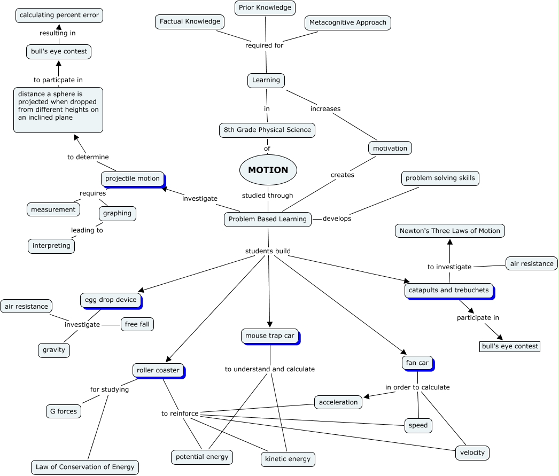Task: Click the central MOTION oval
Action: coord(268,170)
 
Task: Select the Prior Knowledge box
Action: coord(265,8)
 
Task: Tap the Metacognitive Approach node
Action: coord(347,23)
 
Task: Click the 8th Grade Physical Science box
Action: coord(267,130)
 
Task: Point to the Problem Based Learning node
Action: coord(267,219)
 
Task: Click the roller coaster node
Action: coord(158,371)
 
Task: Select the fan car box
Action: coord(417,363)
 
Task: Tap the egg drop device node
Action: coord(111,300)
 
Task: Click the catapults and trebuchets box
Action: coord(449,291)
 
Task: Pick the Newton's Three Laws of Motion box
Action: coord(449,231)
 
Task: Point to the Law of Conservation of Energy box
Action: coord(85,467)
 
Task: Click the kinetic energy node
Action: coord(288,459)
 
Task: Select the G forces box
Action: coord(64,411)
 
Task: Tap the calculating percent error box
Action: coord(59,15)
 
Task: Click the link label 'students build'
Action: coord(268,251)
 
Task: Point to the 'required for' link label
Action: coord(264,45)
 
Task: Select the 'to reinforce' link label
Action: coord(180,413)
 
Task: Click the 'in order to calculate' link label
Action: coord(417,387)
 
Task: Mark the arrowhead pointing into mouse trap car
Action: coord(270,325)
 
